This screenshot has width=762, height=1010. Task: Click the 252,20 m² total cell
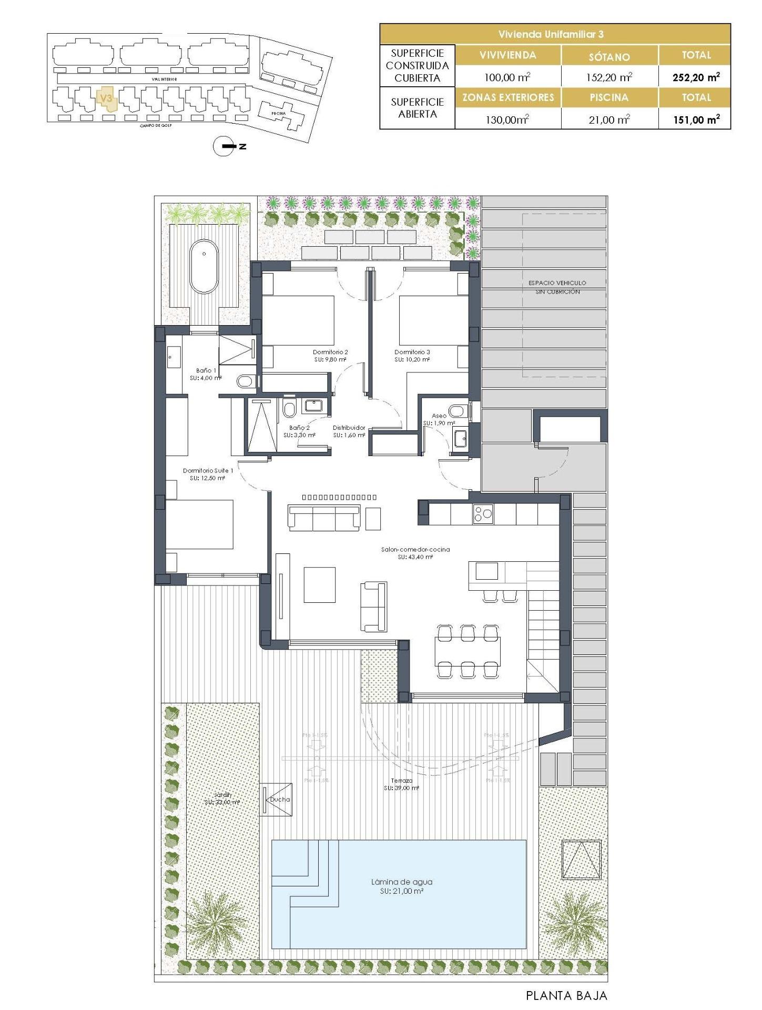point(696,77)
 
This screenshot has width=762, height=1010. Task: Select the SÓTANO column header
point(609,56)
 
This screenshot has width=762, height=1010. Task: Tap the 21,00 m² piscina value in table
point(609,120)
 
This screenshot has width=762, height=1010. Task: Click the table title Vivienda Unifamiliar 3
point(551,34)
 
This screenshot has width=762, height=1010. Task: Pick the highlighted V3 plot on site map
point(107,99)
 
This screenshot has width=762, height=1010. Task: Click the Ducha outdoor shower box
point(277,800)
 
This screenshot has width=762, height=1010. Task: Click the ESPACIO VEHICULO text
point(557,283)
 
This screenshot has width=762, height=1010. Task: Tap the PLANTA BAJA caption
point(566,996)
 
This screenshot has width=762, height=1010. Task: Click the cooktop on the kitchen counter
point(483,513)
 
